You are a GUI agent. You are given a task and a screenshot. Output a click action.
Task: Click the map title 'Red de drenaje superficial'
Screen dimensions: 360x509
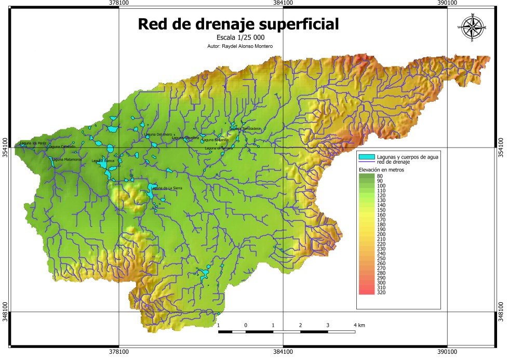click(x=237, y=24)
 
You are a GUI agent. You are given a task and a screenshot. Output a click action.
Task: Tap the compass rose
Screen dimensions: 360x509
click(x=472, y=27)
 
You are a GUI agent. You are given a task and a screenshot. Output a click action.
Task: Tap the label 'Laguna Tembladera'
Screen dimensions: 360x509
click(x=245, y=129)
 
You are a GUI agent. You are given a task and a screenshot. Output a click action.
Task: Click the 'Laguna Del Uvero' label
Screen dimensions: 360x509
click(x=158, y=135)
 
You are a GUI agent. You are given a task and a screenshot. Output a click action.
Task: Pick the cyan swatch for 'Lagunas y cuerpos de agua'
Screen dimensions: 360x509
click(x=367, y=157)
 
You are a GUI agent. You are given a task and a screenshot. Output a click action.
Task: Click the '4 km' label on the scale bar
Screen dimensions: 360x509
click(x=358, y=325)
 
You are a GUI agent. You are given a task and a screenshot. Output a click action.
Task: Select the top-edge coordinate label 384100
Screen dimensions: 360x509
click(x=283, y=3)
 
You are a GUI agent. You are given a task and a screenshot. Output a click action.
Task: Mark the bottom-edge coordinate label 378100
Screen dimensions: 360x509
click(x=119, y=352)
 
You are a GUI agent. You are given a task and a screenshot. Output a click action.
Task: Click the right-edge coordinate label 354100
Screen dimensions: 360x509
click(x=502, y=148)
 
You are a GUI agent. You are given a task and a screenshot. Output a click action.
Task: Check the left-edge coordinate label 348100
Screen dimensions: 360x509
click(x=6, y=312)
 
